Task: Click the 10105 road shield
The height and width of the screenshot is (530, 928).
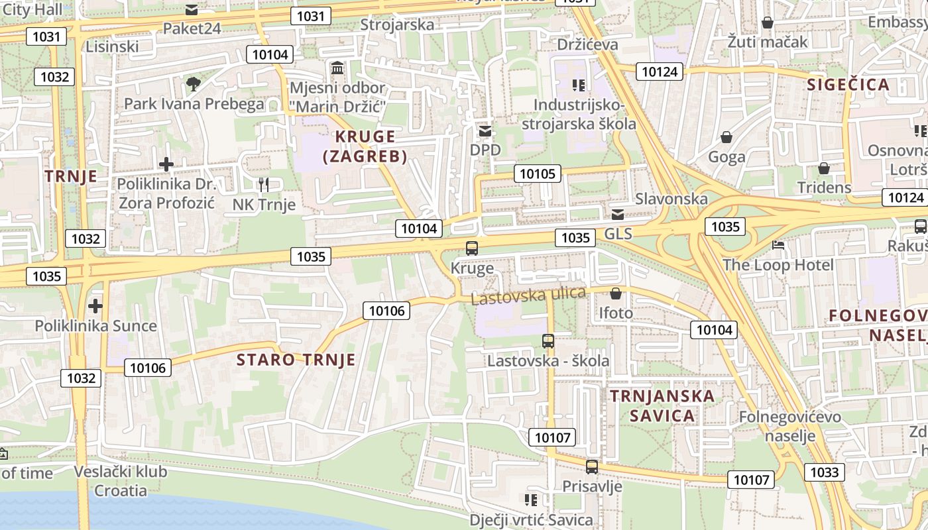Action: (x=537, y=174)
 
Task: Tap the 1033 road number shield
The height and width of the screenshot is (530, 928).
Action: (x=825, y=472)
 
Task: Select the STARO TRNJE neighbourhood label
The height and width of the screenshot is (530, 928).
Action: (x=296, y=360)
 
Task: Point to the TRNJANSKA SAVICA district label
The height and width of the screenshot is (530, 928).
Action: (x=662, y=406)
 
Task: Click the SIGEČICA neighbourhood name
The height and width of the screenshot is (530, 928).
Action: (x=848, y=85)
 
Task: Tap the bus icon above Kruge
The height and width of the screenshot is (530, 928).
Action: (x=472, y=249)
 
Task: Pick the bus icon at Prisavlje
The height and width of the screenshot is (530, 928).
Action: (x=592, y=467)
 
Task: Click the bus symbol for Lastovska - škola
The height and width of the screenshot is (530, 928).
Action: (x=548, y=342)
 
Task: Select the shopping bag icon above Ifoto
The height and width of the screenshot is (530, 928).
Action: (x=616, y=293)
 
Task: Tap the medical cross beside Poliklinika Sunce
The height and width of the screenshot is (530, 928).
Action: (x=95, y=306)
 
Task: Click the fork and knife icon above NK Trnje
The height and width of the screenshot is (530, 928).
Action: (x=264, y=185)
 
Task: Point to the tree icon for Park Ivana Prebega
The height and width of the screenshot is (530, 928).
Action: (x=194, y=84)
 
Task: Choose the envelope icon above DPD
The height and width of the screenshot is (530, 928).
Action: (x=485, y=131)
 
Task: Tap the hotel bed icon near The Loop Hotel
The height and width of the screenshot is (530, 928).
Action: (x=779, y=245)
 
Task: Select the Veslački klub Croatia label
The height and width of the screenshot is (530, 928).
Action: (x=121, y=481)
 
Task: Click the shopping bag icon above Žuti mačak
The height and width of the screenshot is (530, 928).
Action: (x=768, y=23)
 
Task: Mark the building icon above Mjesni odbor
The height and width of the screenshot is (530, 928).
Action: (x=337, y=68)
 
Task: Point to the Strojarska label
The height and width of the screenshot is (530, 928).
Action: (x=397, y=25)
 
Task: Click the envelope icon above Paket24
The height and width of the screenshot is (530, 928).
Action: (x=192, y=10)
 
